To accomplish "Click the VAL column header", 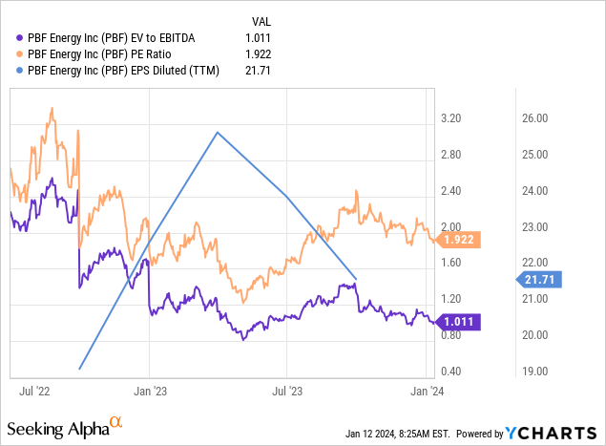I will point(260,19).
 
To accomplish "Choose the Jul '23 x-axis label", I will point(286,391).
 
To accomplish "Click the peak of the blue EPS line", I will point(219,132).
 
